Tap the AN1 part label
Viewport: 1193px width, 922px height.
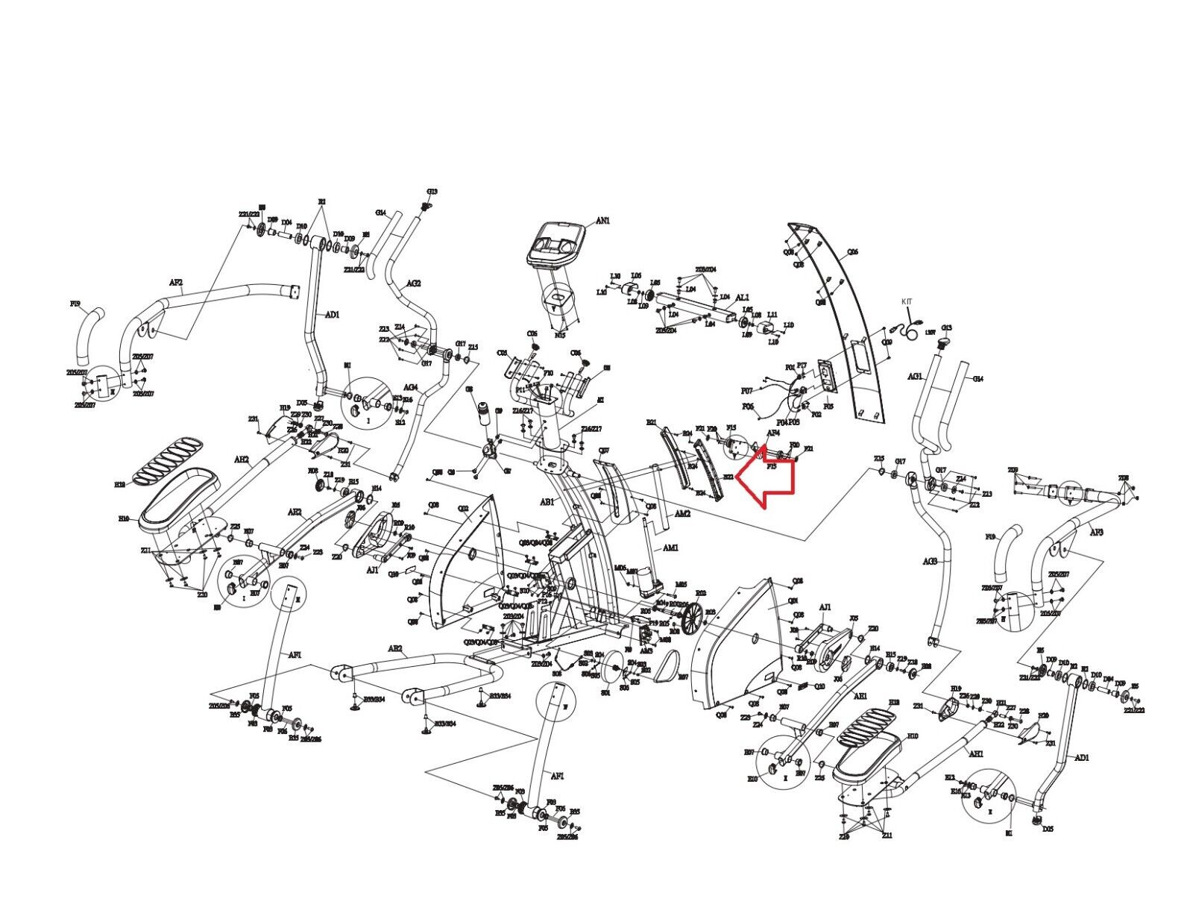[602, 221]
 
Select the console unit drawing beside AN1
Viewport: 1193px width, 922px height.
[555, 245]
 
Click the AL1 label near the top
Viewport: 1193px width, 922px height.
[742, 298]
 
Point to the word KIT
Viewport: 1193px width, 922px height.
[907, 301]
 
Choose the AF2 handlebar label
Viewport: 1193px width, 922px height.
[176, 283]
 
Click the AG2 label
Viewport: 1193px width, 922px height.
[414, 283]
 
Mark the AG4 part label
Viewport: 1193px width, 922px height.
[411, 387]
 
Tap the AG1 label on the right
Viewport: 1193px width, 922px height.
[915, 377]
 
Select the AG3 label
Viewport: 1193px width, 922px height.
[930, 561]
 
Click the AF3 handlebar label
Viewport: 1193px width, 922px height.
[1095, 533]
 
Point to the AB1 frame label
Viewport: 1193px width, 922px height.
[547, 502]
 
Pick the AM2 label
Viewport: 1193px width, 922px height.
[682, 513]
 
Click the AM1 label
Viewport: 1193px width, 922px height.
[670, 548]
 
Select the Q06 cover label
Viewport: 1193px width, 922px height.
[852, 252]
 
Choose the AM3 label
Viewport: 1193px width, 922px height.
[646, 650]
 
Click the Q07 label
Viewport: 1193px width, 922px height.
[604, 451]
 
